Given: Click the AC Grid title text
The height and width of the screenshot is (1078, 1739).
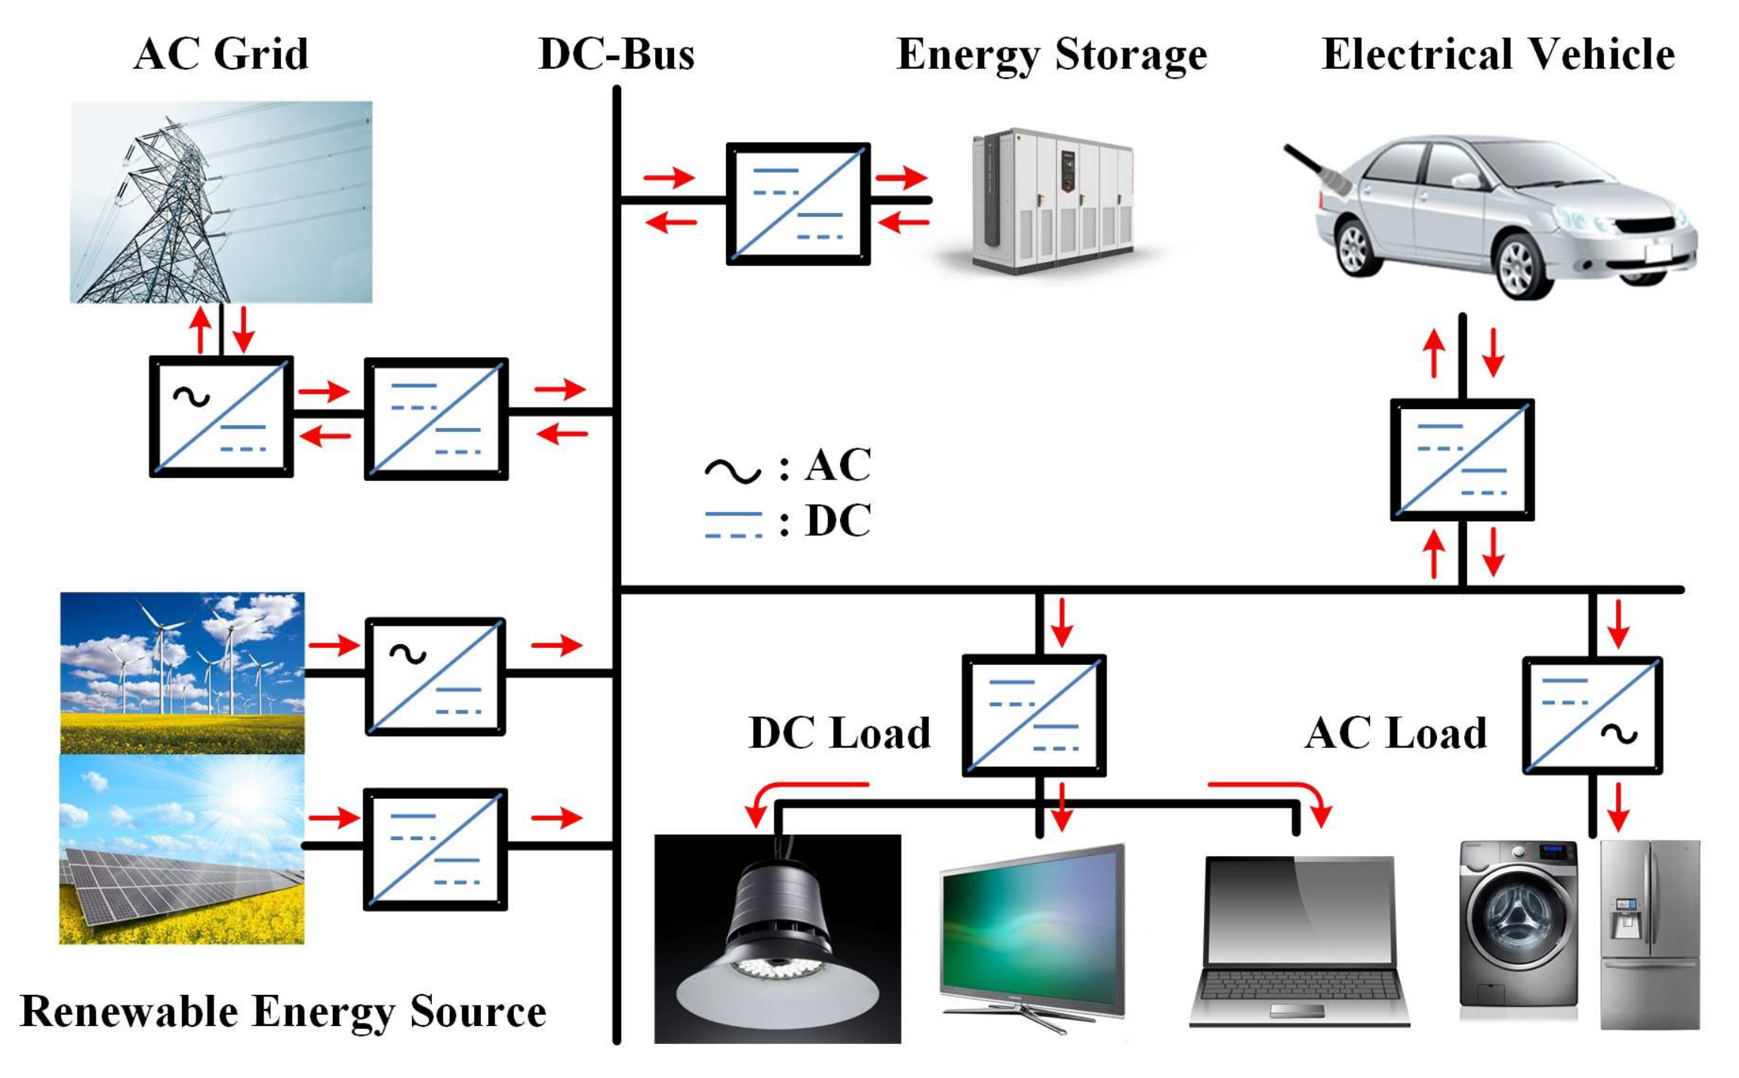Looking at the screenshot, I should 220,54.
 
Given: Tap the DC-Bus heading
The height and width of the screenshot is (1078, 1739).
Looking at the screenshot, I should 616,54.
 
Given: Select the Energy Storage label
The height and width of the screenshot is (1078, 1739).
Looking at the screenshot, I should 1051,54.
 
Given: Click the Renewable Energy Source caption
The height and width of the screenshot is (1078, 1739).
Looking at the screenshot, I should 283,1012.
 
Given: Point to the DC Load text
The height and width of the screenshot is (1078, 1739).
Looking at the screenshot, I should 839,733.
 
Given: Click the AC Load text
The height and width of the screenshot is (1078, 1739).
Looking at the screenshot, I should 1395,733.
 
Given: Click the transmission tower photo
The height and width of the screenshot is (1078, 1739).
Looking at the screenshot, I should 220,202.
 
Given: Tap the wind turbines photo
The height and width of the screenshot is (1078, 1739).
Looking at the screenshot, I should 182,672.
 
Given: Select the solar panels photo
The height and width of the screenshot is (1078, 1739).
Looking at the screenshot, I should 182,849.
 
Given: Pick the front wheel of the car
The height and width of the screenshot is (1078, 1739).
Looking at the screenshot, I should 1519,266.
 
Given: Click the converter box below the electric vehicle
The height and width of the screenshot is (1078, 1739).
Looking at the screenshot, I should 1461,459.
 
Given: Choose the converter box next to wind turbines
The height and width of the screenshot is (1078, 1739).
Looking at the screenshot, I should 436,676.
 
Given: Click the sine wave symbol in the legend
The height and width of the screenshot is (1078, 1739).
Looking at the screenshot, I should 732,470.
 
